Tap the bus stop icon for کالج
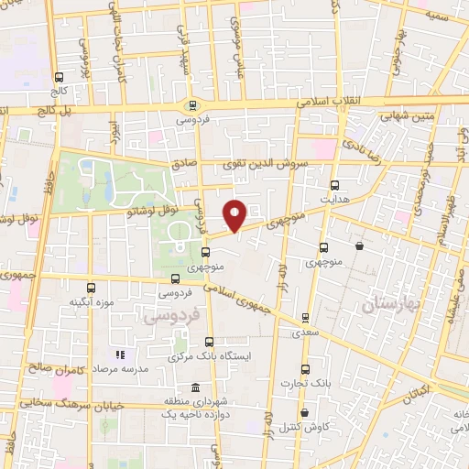tap(60, 78)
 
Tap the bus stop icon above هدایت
tap(333, 184)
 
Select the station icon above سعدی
tap(305, 319)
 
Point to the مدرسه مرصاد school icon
tap(118, 354)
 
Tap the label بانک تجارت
tap(305, 383)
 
